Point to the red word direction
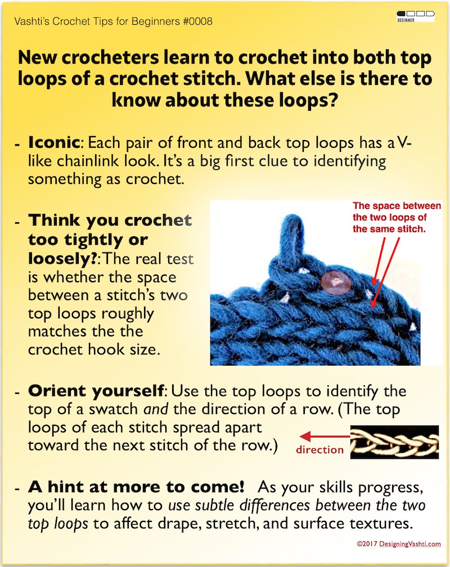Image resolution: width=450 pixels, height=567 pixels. point(319,449)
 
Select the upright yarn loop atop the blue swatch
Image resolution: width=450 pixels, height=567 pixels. point(294,236)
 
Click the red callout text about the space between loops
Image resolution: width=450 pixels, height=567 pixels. point(397,218)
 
